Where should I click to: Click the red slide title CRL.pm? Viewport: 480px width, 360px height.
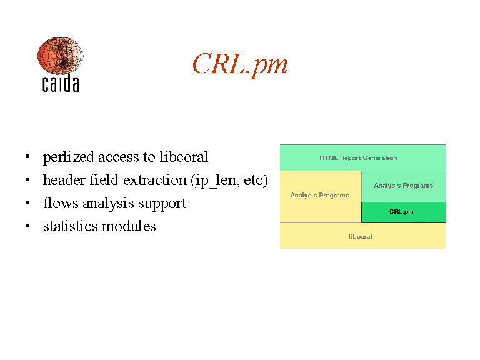tap(240, 64)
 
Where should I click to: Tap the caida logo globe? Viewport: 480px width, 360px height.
tap(60, 56)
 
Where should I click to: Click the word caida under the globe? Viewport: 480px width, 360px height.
tap(61, 83)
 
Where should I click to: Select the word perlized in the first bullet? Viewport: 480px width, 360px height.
tap(69, 157)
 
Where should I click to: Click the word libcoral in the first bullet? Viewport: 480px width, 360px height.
tap(184, 157)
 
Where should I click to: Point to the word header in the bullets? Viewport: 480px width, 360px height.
tap(64, 180)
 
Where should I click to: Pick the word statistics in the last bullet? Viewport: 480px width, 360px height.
tap(70, 226)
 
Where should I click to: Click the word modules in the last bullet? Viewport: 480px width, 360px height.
tap(129, 226)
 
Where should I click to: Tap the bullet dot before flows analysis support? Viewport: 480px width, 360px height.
tap(27, 203)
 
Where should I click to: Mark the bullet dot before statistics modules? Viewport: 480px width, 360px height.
tap(27, 226)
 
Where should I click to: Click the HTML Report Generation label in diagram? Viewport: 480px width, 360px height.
tap(358, 158)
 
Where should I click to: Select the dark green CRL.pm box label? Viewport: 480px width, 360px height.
tap(401, 212)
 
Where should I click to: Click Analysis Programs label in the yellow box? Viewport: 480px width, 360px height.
tap(319, 195)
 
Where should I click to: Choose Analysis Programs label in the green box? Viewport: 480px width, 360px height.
tap(404, 186)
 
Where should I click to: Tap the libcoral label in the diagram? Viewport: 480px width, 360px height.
tap(360, 237)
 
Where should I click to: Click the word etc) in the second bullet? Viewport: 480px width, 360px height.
tap(256, 180)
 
